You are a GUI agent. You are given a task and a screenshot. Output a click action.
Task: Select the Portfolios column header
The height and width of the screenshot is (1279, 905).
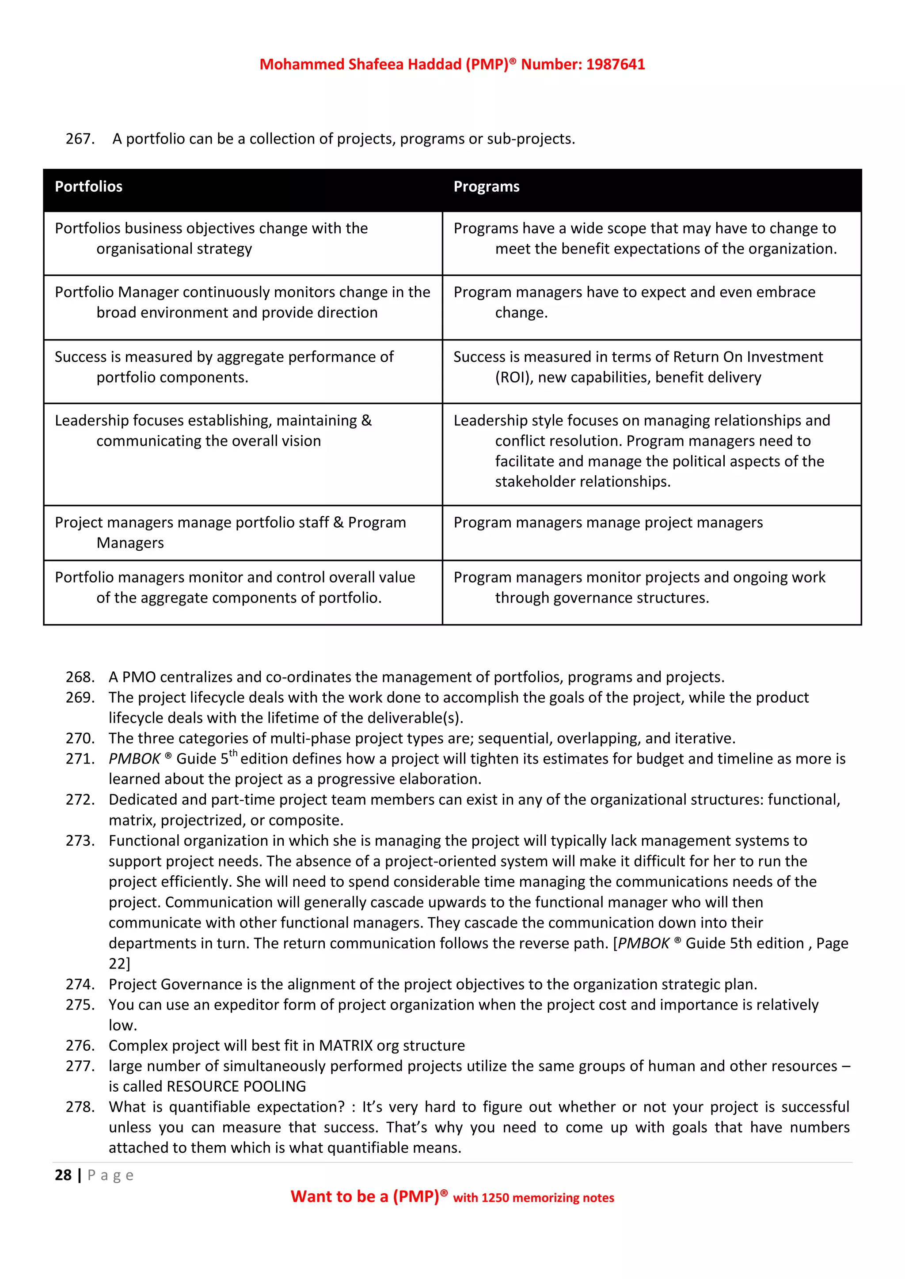tap(89, 187)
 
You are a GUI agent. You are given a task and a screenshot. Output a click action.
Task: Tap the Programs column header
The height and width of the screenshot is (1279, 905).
tap(486, 187)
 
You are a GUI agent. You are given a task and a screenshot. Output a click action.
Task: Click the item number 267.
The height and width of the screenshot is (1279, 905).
tap(80, 139)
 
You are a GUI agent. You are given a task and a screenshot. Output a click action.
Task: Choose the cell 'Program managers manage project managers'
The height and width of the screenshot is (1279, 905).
tap(608, 522)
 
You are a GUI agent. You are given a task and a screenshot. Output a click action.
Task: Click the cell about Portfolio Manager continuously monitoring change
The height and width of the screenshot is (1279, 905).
tap(243, 302)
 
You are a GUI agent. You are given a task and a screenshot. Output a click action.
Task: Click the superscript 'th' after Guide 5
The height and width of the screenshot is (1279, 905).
tap(233, 753)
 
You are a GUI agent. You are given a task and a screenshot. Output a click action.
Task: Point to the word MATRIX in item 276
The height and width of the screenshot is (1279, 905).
tap(346, 1046)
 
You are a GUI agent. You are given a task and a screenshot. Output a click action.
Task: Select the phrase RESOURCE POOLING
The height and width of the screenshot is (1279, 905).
tap(236, 1086)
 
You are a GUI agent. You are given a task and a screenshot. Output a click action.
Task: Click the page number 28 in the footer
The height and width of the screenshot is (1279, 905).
tap(63, 1175)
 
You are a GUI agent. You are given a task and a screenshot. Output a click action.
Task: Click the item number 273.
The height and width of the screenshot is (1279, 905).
tap(80, 840)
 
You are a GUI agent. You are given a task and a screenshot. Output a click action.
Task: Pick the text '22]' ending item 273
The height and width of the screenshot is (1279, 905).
tap(119, 964)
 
